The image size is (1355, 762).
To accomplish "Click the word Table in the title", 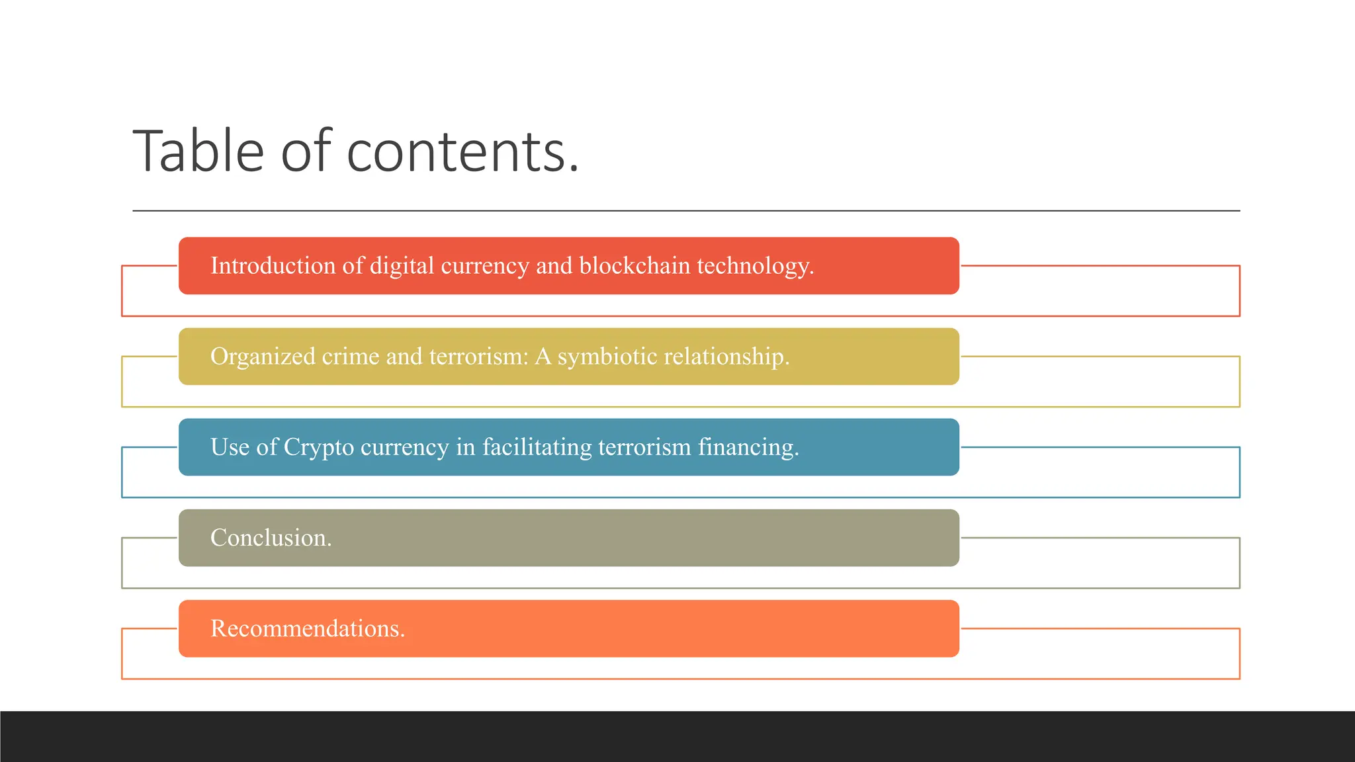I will [x=198, y=151].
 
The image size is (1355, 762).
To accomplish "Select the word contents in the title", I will [x=462, y=153].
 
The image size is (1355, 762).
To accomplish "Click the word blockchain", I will [x=634, y=266].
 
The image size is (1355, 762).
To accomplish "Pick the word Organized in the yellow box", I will [x=263, y=357].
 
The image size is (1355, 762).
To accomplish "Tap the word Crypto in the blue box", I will [x=319, y=448].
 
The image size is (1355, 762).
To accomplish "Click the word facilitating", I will [x=537, y=448].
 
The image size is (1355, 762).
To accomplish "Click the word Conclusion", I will [x=271, y=538].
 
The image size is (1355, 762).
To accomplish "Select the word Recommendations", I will [x=308, y=628].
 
